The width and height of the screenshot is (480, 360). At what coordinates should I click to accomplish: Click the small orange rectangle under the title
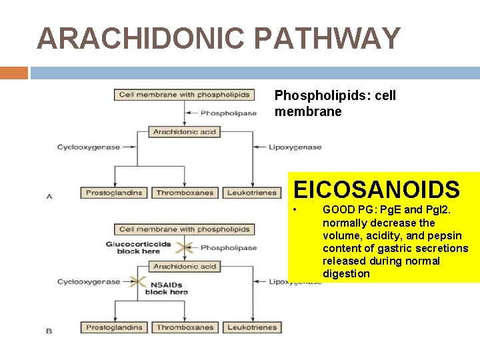click(13, 73)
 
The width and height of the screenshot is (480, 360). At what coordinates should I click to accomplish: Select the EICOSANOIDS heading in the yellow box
click(377, 189)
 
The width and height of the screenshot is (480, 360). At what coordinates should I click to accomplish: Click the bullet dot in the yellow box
click(295, 211)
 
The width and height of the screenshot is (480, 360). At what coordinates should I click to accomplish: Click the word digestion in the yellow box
click(346, 274)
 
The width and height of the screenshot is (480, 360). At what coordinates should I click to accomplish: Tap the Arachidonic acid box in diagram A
click(185, 132)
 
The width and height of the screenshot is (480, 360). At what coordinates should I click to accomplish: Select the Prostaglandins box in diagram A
click(114, 193)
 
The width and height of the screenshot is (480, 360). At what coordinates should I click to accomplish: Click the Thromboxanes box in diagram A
click(185, 193)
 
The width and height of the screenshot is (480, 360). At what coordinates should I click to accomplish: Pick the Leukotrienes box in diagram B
click(251, 327)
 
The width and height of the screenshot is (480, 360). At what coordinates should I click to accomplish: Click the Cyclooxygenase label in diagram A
click(89, 147)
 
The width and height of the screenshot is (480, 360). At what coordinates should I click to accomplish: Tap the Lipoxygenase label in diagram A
click(294, 147)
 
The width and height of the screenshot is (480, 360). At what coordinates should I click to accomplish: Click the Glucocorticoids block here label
click(138, 247)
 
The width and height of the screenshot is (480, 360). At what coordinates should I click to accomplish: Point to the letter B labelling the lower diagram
click(49, 331)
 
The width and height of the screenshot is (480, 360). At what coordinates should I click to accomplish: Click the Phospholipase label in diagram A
click(229, 113)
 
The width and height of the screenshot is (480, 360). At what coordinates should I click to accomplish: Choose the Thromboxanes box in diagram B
click(185, 327)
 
